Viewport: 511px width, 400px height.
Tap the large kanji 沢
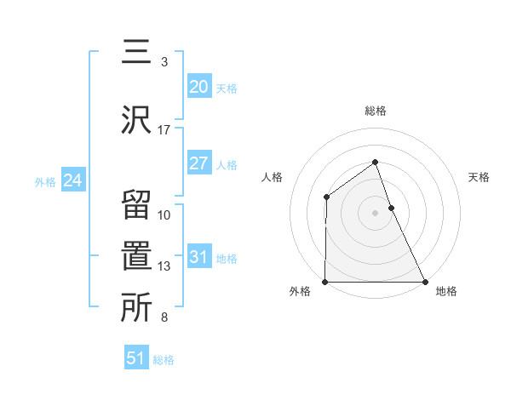(136, 119)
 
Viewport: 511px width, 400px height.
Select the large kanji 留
(136, 205)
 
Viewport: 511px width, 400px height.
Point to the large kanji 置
(136, 257)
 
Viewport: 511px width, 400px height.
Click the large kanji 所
(136, 309)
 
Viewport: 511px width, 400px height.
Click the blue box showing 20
(198, 87)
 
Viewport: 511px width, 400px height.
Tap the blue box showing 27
(198, 163)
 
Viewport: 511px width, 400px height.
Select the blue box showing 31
(198, 258)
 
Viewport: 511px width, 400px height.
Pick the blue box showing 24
(73, 180)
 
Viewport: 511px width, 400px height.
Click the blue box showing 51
(136, 358)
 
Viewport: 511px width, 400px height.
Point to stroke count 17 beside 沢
(164, 130)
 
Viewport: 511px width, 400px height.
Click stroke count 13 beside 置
(164, 266)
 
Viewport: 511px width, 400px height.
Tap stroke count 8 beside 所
(164, 318)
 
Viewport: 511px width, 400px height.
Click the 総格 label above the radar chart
(376, 111)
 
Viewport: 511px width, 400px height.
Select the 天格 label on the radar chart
(479, 177)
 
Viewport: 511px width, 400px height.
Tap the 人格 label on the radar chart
(273, 177)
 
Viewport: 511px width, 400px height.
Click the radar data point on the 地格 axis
(425, 282)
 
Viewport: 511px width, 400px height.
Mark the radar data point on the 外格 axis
(325, 282)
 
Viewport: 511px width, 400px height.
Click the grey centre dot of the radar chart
(376, 213)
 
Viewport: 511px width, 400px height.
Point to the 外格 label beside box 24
(45, 181)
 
